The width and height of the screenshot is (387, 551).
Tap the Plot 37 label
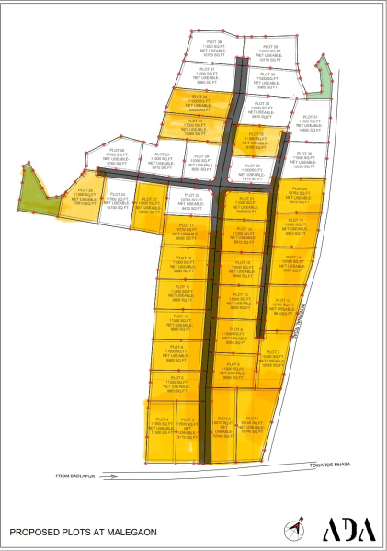pyautogui.click(x=206, y=70)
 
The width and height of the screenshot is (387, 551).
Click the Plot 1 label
pyautogui.click(x=252, y=420)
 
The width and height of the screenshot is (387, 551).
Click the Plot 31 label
pyautogui.click(x=309, y=118)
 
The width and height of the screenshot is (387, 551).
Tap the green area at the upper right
pyautogui.click(x=320, y=86)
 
